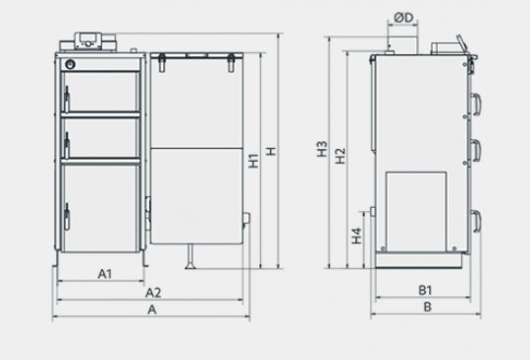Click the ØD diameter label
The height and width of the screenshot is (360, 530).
404,18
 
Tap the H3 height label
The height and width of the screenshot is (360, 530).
322,149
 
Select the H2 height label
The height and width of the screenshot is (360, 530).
341,156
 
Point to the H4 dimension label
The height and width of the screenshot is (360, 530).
356,235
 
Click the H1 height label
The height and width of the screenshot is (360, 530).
253,161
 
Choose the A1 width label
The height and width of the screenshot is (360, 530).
105,274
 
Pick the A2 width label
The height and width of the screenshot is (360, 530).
153,292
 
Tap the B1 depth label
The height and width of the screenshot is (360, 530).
425,290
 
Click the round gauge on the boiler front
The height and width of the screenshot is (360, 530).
70,64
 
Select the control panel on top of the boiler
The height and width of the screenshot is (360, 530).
88,42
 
